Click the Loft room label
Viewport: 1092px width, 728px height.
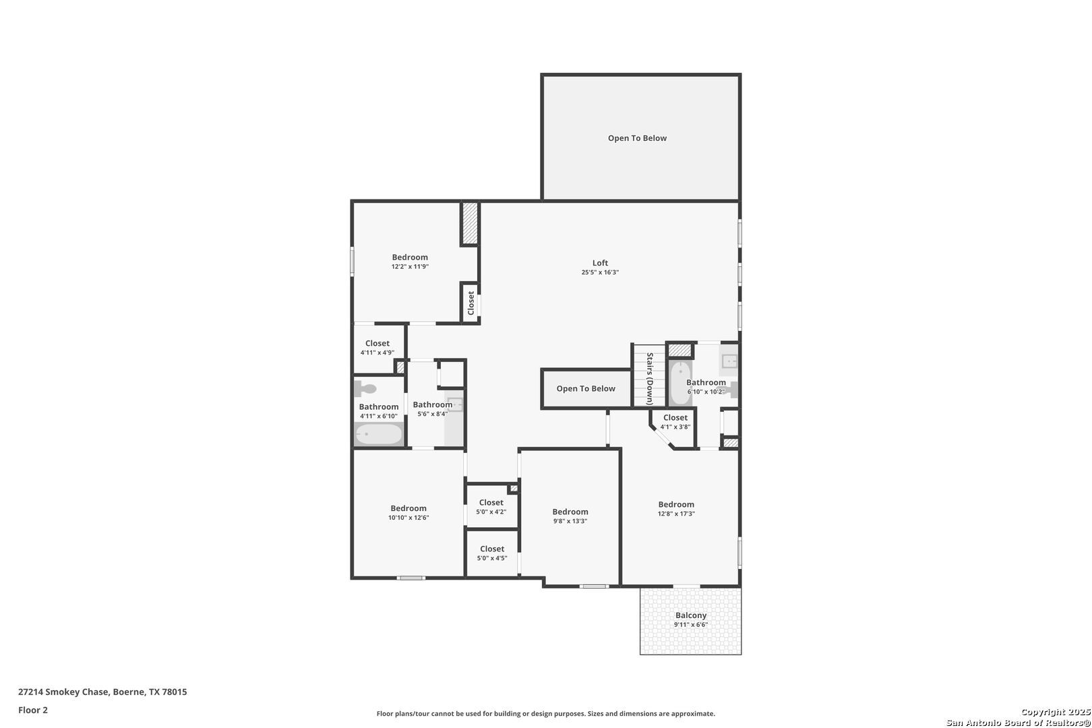point(600,264)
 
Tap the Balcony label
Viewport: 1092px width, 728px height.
point(691,615)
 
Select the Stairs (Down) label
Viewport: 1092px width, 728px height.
point(650,378)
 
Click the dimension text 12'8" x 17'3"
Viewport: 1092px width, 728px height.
point(676,514)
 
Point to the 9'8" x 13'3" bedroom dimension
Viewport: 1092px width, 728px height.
point(570,521)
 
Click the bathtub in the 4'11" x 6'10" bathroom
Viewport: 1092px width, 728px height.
point(379,434)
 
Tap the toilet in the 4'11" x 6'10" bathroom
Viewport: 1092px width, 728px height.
point(365,389)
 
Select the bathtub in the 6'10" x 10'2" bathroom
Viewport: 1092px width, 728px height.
point(680,383)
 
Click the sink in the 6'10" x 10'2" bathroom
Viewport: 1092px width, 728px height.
point(729,361)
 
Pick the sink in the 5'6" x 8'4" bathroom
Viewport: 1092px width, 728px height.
point(455,404)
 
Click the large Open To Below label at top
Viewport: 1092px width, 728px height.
point(637,138)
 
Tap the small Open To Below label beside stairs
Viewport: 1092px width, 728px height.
point(586,389)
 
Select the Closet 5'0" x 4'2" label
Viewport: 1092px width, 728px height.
point(491,507)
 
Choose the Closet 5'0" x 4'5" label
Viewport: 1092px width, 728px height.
point(492,553)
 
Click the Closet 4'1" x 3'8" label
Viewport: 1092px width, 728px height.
point(675,422)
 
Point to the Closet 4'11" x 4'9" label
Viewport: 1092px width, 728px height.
point(377,348)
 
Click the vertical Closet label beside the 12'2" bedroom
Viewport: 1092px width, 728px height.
point(471,303)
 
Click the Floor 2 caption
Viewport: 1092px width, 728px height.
point(33,710)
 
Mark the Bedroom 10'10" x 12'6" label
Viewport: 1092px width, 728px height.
point(408,512)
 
